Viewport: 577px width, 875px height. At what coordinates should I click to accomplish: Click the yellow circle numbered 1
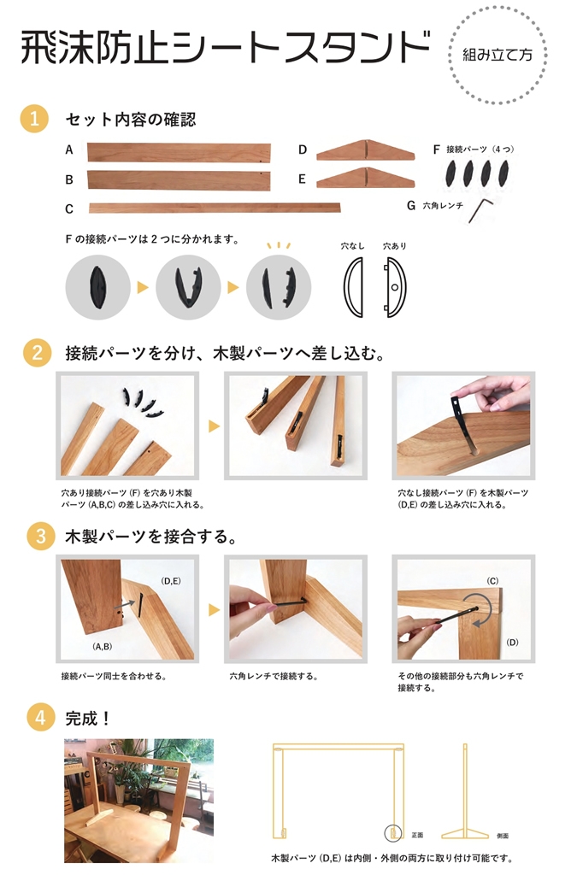(34, 119)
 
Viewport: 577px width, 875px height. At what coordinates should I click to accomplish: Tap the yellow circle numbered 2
(37, 353)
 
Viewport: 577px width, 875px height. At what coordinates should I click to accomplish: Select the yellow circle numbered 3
(40, 537)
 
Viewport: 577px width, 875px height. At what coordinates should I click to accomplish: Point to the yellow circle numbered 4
(41, 717)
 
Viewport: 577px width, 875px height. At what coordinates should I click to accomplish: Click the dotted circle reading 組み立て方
(498, 55)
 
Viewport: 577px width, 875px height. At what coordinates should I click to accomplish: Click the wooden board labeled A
(180, 152)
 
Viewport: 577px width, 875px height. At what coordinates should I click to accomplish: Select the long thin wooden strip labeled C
(215, 208)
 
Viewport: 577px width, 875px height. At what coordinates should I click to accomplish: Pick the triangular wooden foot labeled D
(366, 150)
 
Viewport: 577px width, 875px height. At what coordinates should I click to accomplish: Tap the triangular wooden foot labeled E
(366, 178)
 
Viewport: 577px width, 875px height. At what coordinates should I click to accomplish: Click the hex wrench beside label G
(480, 210)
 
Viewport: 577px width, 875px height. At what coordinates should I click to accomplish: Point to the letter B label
(69, 179)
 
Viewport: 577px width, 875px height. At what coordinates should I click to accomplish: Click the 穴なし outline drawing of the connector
(353, 287)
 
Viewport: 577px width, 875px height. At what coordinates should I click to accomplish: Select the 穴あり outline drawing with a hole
(396, 287)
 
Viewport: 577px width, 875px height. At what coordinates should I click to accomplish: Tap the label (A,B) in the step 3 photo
(102, 646)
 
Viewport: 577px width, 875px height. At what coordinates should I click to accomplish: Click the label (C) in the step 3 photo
(492, 581)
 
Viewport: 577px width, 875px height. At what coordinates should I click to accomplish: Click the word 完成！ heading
(87, 718)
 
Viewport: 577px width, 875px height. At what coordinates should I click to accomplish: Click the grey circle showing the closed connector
(97, 287)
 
